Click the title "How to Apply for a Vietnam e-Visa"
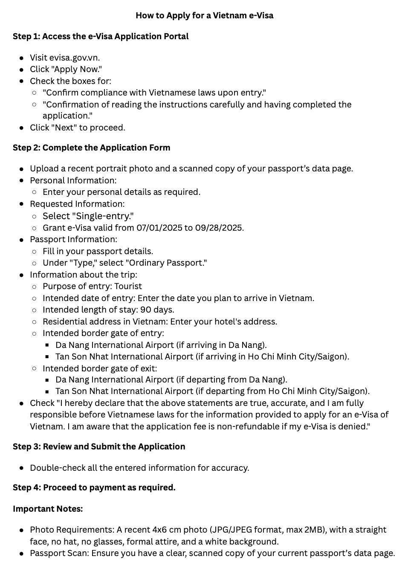[204, 16]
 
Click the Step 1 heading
[101, 37]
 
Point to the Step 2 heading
[91, 148]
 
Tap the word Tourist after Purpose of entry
[128, 287]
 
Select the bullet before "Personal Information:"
[22, 181]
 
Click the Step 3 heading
[99, 447]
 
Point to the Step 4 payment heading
[94, 488]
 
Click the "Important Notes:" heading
[48, 509]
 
